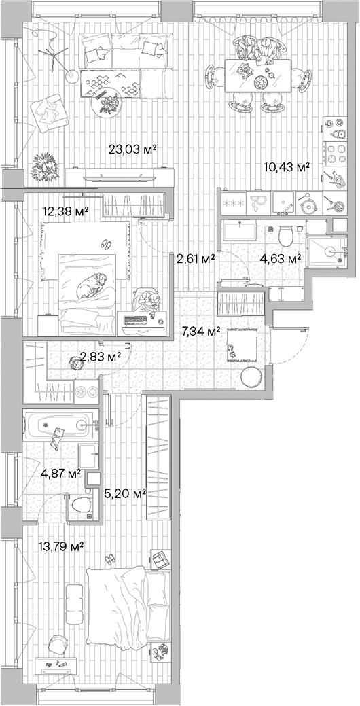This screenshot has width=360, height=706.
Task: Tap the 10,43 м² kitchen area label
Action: click(x=287, y=166)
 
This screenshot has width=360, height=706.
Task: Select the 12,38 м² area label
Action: click(x=65, y=212)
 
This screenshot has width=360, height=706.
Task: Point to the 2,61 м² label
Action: click(x=196, y=258)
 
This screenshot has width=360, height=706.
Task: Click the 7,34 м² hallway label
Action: click(x=202, y=332)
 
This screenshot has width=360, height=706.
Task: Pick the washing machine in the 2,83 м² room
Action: click(x=87, y=391)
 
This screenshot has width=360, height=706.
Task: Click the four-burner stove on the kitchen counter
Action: click(x=336, y=144)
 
